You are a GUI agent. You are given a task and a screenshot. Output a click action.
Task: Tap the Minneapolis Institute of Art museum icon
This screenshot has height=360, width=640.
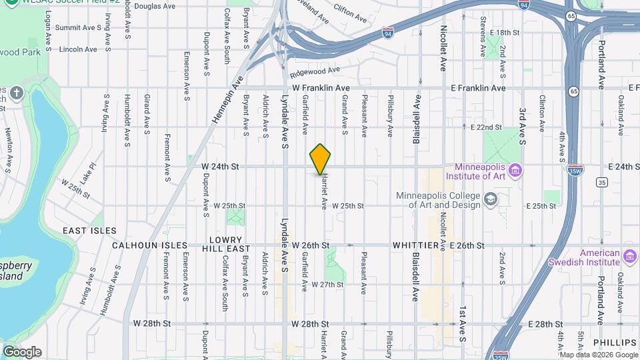[515, 171]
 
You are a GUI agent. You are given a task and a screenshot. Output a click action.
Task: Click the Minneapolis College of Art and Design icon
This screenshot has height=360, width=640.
[490, 199]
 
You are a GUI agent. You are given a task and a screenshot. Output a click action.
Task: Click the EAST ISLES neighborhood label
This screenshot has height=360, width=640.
[90, 231]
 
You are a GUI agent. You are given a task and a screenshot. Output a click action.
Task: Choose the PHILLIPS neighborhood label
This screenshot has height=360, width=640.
[615, 342]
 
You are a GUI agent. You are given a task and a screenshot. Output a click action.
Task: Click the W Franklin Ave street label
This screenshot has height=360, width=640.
[321, 88]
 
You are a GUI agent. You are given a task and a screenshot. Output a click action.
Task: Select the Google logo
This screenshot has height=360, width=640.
[22, 351]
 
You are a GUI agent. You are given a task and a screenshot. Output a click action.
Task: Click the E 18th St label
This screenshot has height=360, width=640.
[504, 32]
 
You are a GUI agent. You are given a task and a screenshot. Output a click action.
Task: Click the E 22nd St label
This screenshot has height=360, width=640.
[486, 127]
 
